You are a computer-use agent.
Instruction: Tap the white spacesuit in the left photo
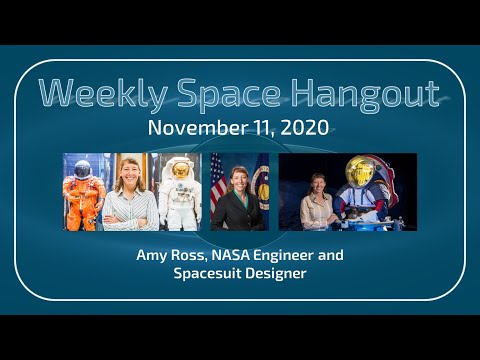click(x=181, y=195)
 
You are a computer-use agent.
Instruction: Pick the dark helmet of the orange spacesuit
click(x=83, y=169)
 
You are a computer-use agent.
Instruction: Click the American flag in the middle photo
click(x=218, y=185)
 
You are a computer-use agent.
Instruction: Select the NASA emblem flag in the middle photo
click(x=262, y=185)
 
